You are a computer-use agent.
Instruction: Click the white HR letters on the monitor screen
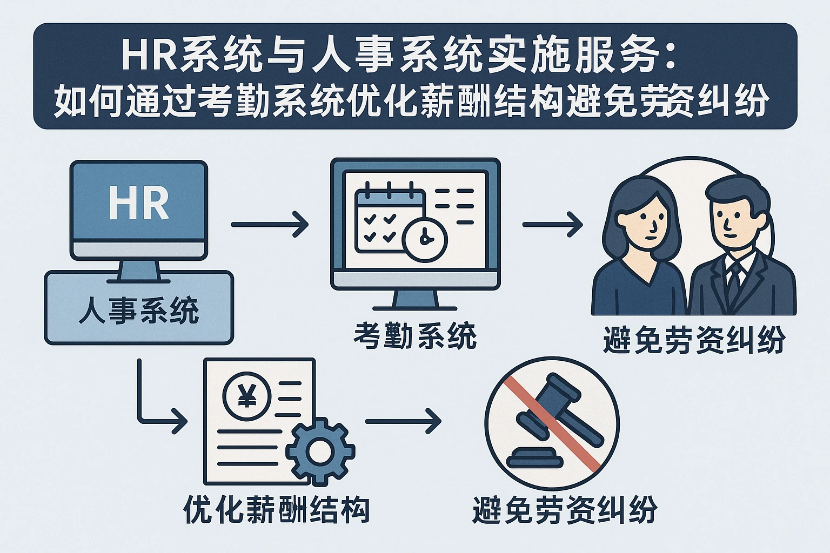pyautogui.click(x=139, y=204)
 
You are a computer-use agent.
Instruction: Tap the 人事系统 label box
pyautogui.click(x=138, y=310)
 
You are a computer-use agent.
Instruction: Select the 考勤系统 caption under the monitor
pyautogui.click(x=415, y=335)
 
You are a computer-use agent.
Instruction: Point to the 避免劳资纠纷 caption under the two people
pyautogui.click(x=694, y=341)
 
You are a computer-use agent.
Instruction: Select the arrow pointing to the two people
pyautogui.click(x=552, y=224)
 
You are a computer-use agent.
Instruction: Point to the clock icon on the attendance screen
pyautogui.click(x=425, y=238)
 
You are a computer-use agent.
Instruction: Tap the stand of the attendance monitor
pyautogui.click(x=415, y=299)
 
